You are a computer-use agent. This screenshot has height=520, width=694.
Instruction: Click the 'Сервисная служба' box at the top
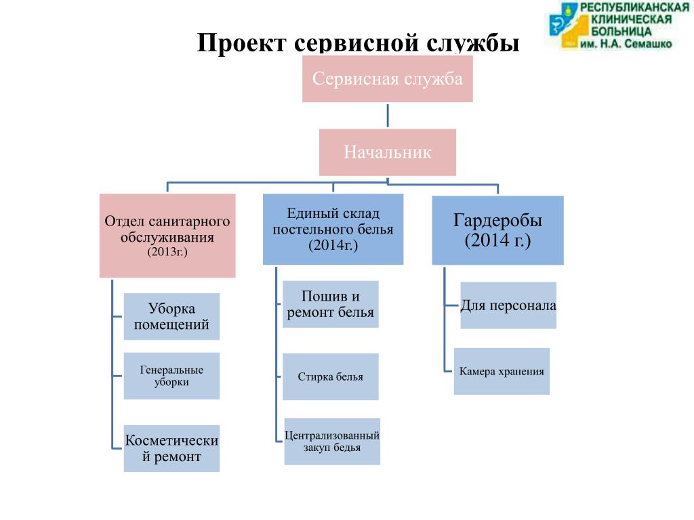click(x=387, y=79)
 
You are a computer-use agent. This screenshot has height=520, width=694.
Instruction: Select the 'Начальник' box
click(x=387, y=152)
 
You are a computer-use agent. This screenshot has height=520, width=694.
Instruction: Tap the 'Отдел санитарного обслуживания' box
click(x=167, y=236)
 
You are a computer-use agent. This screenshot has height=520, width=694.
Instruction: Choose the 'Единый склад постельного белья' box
click(x=333, y=229)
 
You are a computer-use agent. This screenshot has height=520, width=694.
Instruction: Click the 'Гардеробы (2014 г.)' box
click(x=497, y=230)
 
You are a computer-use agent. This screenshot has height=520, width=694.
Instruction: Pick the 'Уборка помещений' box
click(x=171, y=316)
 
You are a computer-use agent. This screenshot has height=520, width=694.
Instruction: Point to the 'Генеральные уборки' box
click(x=171, y=376)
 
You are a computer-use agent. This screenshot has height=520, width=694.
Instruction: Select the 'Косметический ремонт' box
click(x=171, y=448)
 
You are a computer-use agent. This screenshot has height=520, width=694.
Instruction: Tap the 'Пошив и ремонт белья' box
click(x=330, y=304)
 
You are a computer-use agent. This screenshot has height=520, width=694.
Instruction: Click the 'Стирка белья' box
click(x=330, y=376)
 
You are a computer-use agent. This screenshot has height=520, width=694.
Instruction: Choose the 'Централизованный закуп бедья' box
click(x=332, y=441)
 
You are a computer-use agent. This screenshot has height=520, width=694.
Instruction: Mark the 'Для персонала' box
click(x=508, y=305)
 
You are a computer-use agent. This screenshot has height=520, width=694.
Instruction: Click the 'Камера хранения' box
click(x=502, y=371)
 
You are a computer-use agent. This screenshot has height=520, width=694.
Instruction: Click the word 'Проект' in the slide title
click(x=243, y=43)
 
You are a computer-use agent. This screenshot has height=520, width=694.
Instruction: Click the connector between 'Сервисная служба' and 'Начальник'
click(x=388, y=115)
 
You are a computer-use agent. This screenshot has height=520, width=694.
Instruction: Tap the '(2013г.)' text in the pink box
click(x=167, y=251)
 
